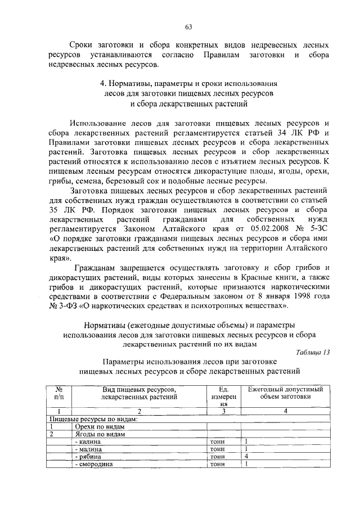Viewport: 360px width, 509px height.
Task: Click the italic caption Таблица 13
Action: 312,352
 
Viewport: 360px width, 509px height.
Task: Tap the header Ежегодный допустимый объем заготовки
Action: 285,392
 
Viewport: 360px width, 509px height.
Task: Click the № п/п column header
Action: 58,392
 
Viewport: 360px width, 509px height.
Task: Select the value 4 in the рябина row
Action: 246,457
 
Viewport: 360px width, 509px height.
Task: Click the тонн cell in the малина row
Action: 217,449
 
